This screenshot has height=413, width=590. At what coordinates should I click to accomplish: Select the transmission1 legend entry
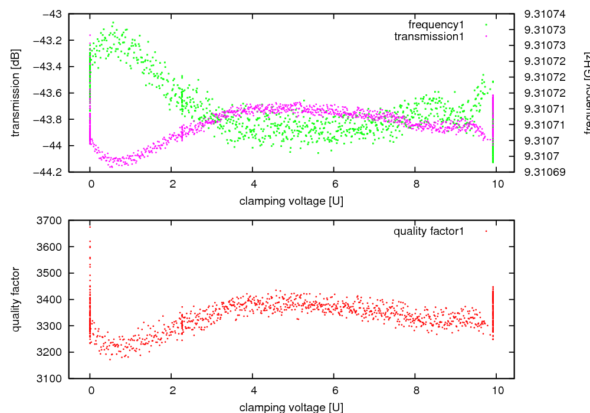[429, 37]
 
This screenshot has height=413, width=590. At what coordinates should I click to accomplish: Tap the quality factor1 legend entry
[429, 231]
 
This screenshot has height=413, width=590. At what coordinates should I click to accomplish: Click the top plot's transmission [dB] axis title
[16, 93]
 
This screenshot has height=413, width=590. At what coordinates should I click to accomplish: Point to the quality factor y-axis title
[16, 299]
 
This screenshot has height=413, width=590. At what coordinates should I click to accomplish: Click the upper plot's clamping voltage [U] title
[291, 201]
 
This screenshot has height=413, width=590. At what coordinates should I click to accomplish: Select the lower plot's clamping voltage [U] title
[291, 407]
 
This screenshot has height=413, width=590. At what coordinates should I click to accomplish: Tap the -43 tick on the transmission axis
[51, 14]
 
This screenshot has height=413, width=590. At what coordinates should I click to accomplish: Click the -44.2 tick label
[47, 172]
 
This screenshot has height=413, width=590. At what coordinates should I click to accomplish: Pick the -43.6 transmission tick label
[47, 93]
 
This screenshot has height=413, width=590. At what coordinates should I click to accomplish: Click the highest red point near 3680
[90, 226]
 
